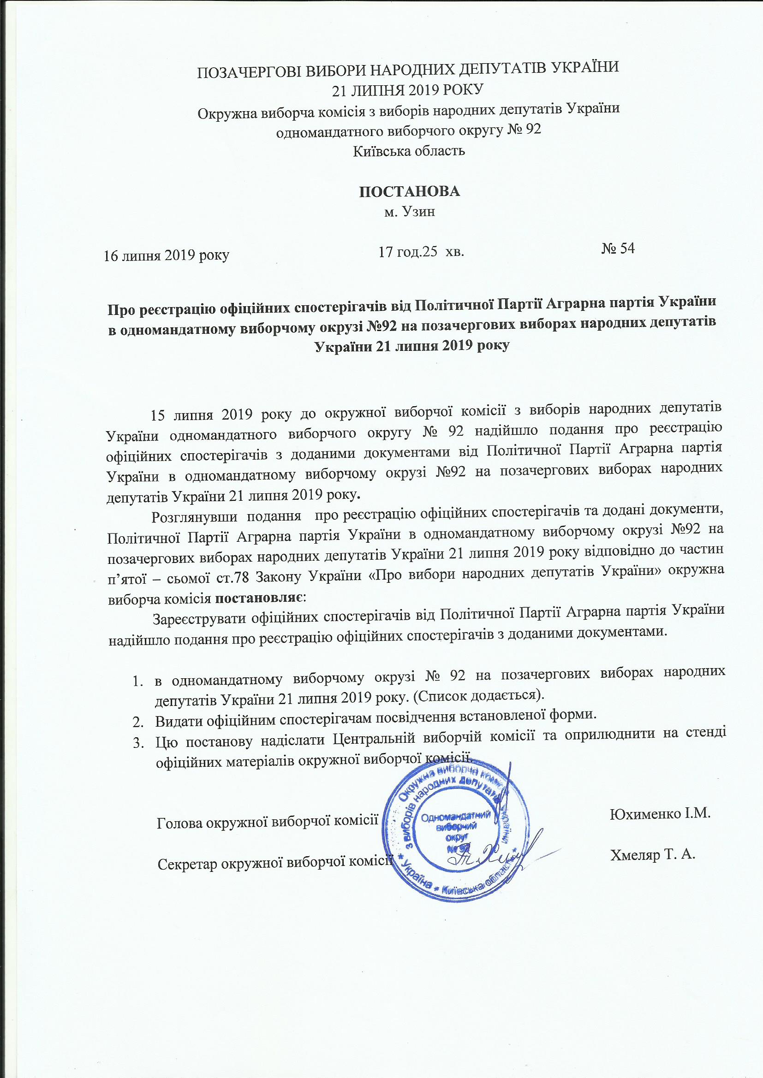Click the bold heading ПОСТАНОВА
[x=409, y=191]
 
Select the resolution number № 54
[x=618, y=249]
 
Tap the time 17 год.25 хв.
[x=422, y=253]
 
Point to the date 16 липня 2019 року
[x=167, y=256]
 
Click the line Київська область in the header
[x=409, y=151]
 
